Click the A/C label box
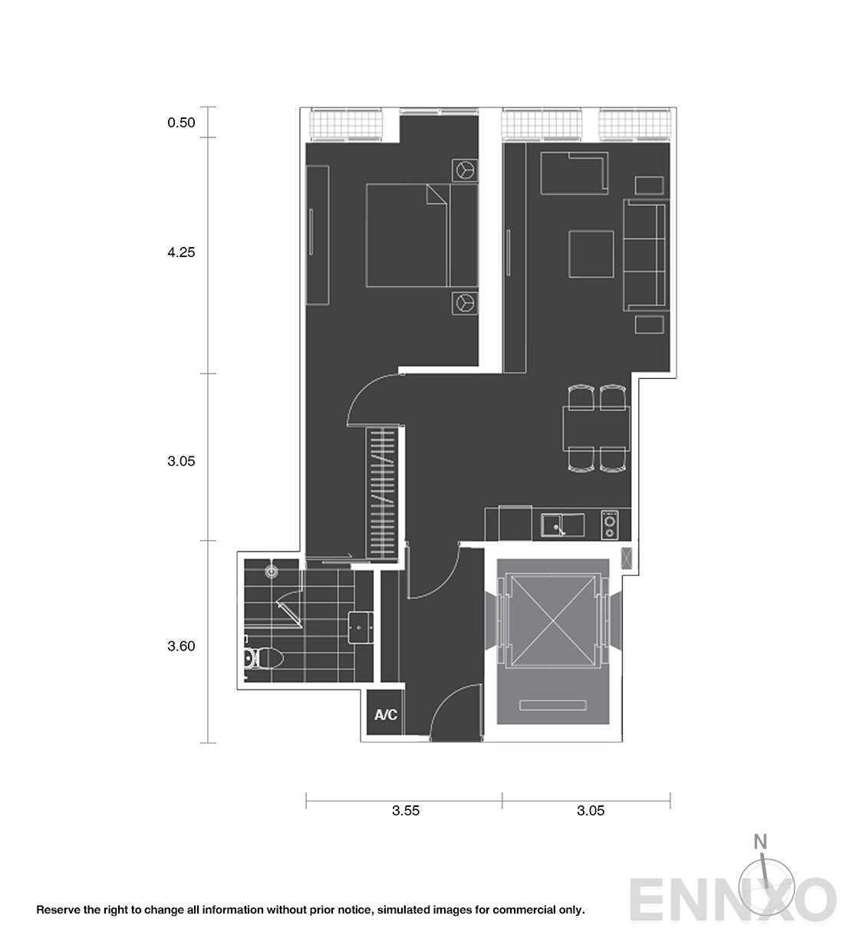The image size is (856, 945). click(386, 715)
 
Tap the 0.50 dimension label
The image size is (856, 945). click(182, 122)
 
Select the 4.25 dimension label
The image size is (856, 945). click(182, 252)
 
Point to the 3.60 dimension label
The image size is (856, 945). click(182, 646)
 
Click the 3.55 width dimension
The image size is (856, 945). click(406, 811)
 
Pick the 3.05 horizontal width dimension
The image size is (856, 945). click(591, 811)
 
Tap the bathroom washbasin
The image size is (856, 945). click(361, 627)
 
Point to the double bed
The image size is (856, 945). click(407, 235)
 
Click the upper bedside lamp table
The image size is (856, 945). click(464, 170)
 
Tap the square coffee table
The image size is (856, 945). click(591, 254)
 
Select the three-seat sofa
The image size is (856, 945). click(645, 255)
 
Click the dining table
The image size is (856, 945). click(597, 429)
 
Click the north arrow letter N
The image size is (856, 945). click(760, 841)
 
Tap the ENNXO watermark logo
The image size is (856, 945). click(732, 897)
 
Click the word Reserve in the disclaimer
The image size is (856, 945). click(59, 910)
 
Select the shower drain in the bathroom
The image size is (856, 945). click(271, 571)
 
